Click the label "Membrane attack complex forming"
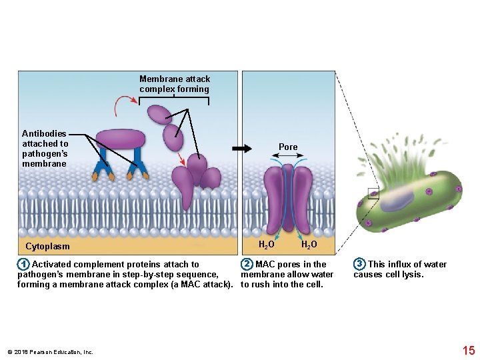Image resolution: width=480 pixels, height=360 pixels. tap(174, 84)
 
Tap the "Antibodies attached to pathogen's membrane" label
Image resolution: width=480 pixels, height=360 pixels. tap(45, 149)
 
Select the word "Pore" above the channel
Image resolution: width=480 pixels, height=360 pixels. tap(288, 147)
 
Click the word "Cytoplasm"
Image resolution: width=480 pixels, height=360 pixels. tap(47, 246)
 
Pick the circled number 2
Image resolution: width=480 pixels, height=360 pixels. tap(247, 265)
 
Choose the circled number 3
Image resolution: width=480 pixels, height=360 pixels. tap(359, 265)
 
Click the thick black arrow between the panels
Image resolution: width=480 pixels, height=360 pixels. tap(242, 149)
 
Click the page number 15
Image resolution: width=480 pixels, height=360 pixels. tap(468, 351)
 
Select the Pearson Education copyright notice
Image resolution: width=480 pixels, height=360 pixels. tap(51, 352)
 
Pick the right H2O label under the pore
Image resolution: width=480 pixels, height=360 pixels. tap(309, 245)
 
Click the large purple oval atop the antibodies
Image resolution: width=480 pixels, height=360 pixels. tap(121, 139)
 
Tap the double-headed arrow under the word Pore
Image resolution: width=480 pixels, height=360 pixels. tap(288, 157)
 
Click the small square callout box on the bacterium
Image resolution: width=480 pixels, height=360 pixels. tap(373, 193)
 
